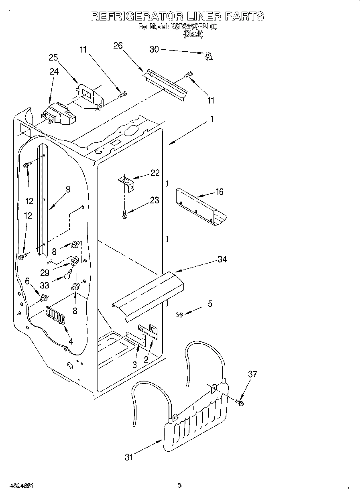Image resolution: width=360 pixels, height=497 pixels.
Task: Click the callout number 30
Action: click(x=154, y=49)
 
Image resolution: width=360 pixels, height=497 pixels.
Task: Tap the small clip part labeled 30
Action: click(x=207, y=57)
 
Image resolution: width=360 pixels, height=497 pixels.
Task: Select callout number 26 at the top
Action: click(x=118, y=46)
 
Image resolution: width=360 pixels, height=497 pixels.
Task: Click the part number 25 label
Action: click(x=53, y=57)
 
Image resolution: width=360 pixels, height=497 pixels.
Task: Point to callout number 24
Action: click(x=54, y=72)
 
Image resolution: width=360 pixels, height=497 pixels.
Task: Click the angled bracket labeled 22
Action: click(x=126, y=185)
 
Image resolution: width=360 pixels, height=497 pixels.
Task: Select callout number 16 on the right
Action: click(x=219, y=192)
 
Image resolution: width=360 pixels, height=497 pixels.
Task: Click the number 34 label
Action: click(x=222, y=260)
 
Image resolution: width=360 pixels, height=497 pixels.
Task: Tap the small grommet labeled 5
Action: click(x=179, y=315)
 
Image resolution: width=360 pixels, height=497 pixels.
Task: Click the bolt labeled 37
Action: click(x=240, y=402)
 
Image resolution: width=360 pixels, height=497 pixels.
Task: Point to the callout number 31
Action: click(x=128, y=457)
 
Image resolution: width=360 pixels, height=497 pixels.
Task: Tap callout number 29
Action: click(x=45, y=272)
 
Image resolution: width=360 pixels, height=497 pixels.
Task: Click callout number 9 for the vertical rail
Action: click(x=68, y=189)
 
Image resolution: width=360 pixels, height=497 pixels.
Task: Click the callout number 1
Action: click(x=212, y=119)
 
